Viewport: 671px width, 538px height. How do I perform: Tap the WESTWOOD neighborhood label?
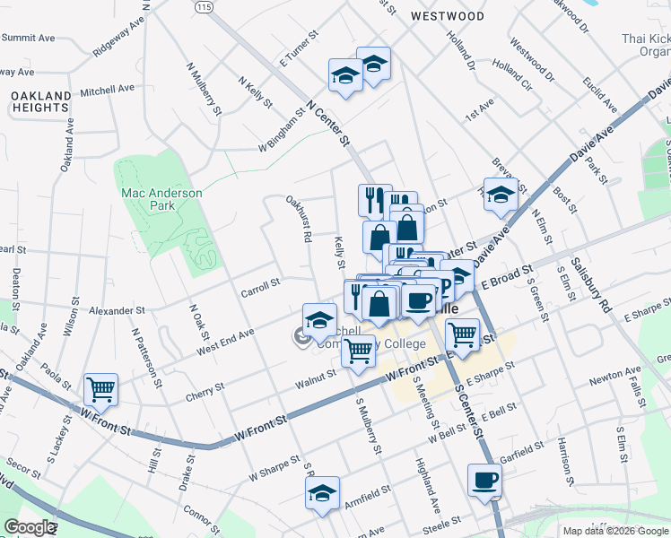click(447, 16)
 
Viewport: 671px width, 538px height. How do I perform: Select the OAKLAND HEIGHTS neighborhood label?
click(41, 101)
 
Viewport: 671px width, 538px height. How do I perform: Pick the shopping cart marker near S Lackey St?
click(100, 390)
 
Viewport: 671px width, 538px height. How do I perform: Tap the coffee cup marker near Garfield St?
click(484, 480)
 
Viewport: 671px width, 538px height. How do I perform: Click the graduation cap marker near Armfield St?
click(322, 493)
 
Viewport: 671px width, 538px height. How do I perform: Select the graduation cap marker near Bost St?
click(501, 194)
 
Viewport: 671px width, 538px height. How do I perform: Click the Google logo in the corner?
click(30, 527)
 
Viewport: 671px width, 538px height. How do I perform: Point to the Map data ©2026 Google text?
click(614, 531)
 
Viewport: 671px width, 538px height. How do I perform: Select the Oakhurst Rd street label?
click(299, 220)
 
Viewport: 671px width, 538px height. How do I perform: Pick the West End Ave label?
click(225, 340)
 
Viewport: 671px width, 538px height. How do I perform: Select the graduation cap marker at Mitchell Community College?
click(319, 320)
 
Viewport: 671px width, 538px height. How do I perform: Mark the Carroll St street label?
click(261, 288)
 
